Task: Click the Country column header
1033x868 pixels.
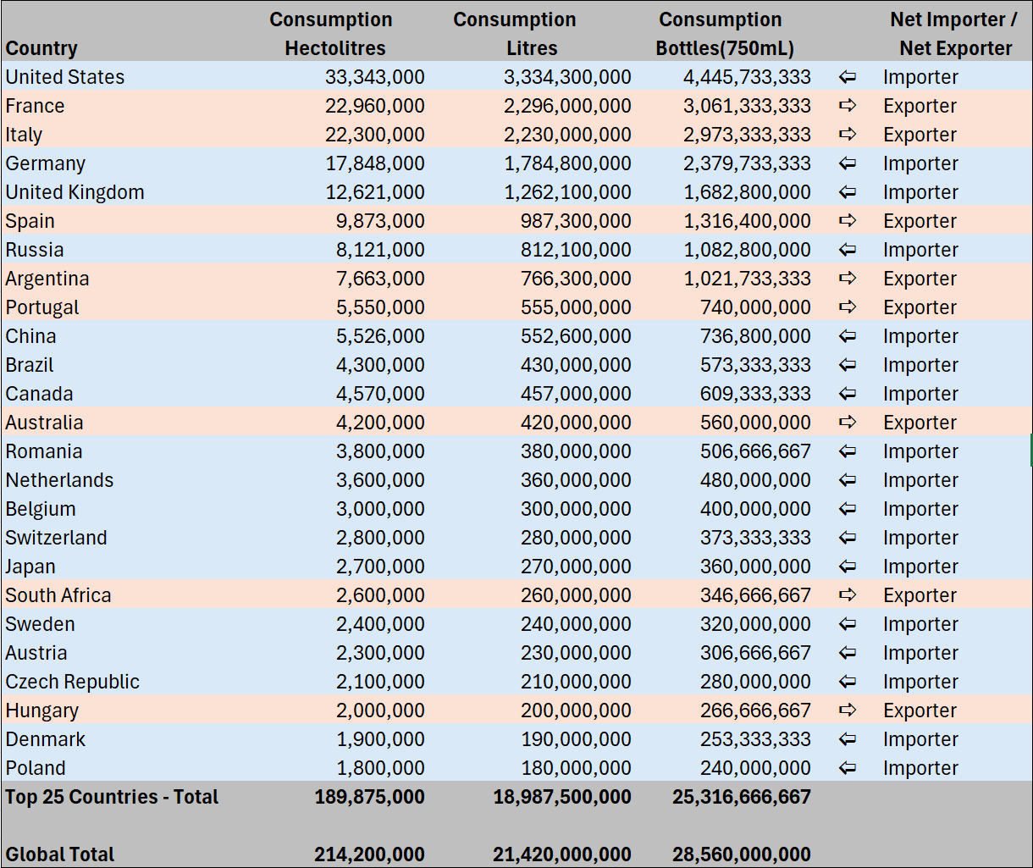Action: click(x=41, y=48)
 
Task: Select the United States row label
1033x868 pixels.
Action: click(x=65, y=77)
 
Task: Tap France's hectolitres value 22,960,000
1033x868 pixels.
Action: click(x=374, y=106)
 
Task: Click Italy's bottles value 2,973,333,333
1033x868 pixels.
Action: click(x=747, y=135)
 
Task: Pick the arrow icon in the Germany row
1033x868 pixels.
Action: click(x=847, y=163)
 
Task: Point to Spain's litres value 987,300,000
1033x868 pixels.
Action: click(x=576, y=221)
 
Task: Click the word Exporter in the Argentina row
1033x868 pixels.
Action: click(x=920, y=279)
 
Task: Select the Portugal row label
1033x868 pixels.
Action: click(x=42, y=307)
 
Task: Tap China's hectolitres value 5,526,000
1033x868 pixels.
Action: click(x=380, y=336)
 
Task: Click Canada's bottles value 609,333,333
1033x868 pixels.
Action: click(x=755, y=394)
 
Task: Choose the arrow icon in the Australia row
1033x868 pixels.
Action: click(x=847, y=423)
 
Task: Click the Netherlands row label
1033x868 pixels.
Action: click(x=59, y=480)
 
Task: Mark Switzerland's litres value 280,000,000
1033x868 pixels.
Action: click(x=576, y=538)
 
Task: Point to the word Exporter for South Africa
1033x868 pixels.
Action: click(x=920, y=595)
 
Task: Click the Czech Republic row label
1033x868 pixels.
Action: click(x=73, y=682)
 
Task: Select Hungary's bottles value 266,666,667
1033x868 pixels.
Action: click(x=755, y=710)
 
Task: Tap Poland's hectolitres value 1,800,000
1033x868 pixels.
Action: click(x=380, y=768)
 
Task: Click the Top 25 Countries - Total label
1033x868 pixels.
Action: click(x=112, y=797)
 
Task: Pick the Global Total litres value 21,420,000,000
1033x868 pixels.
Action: click(x=562, y=854)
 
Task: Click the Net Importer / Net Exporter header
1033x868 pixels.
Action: click(x=955, y=34)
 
